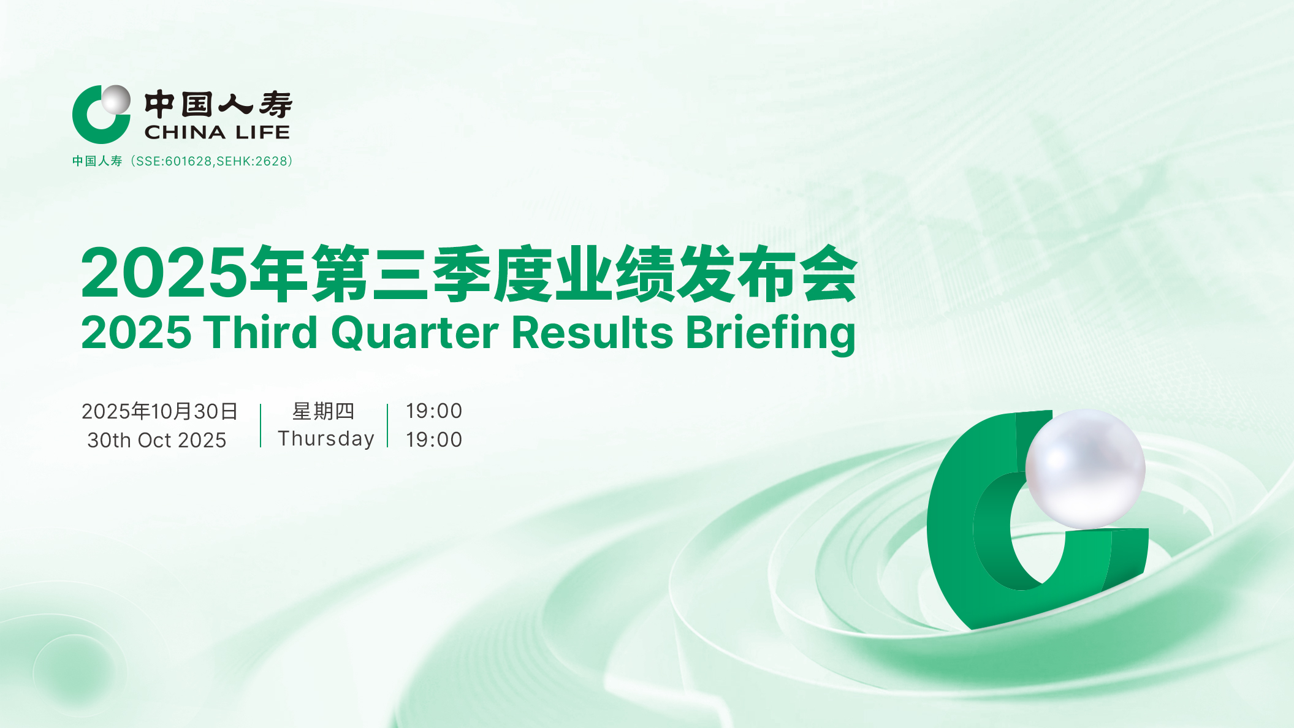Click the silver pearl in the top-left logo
[x=115, y=100]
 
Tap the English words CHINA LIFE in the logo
[x=217, y=132]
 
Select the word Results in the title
[x=592, y=332]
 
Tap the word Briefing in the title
[x=771, y=335]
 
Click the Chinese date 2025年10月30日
[x=159, y=411]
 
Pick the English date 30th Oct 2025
[x=157, y=440]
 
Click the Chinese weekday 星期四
[x=324, y=411]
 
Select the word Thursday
[x=326, y=439]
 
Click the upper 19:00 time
[x=434, y=411]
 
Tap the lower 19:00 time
[x=434, y=439]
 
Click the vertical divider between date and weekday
[x=261, y=425]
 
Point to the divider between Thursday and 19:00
[x=388, y=425]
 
